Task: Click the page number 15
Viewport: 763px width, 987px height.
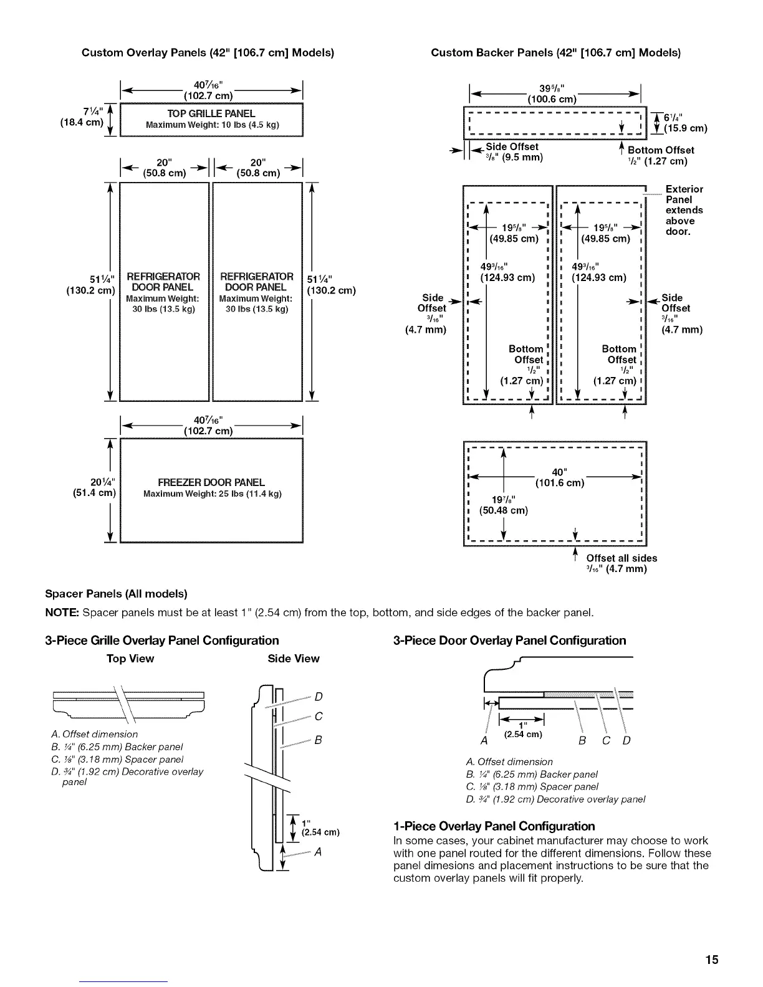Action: point(712,959)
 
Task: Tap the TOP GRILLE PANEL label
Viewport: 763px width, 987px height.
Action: point(211,113)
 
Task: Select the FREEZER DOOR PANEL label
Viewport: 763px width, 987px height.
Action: point(211,482)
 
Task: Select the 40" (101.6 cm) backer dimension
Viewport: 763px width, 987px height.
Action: point(559,477)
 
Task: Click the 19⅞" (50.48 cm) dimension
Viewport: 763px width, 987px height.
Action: point(504,505)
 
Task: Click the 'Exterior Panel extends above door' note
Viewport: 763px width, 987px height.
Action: point(684,210)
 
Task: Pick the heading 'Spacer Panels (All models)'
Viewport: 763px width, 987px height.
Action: point(117,593)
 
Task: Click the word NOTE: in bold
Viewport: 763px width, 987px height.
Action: point(62,613)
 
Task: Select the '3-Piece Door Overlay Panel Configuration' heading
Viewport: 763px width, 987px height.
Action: point(509,641)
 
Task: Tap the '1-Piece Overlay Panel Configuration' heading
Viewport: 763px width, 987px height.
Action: point(494,826)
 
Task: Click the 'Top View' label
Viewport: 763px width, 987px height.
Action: point(130,659)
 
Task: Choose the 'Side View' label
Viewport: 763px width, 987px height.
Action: point(293,659)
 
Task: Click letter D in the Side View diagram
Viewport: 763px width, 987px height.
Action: point(319,697)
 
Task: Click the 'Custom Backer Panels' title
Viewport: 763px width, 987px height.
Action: point(555,53)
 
